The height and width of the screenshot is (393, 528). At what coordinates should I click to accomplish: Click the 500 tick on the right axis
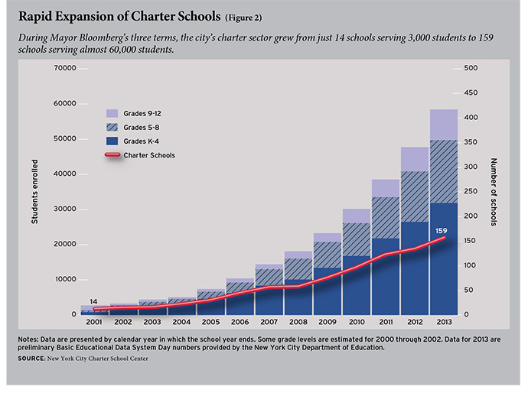click(x=471, y=69)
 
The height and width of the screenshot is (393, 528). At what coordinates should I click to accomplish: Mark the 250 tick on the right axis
click(x=471, y=192)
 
